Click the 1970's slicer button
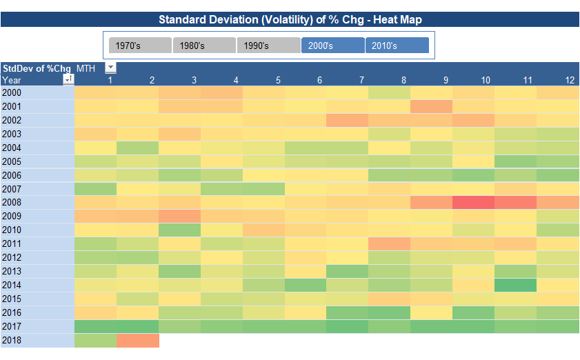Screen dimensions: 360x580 coord(140,46)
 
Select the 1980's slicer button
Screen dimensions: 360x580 coord(204,46)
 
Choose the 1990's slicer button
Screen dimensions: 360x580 coord(268,46)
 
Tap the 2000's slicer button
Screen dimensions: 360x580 coord(332,46)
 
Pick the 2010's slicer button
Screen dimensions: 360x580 coord(397,46)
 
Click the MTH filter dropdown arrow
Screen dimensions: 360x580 coord(110,68)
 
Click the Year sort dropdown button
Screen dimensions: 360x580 coord(68,80)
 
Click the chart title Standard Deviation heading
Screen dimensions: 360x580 coord(290,19)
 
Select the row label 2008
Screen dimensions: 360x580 coord(12,203)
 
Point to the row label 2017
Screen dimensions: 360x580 coord(12,327)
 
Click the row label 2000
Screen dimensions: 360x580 coord(12,92)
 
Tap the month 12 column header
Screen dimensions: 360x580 coord(570,80)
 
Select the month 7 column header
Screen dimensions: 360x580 coord(361,80)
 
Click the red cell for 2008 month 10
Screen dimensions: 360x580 coord(473,203)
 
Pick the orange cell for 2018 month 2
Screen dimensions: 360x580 coord(138,341)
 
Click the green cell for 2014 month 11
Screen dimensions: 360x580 coord(515,286)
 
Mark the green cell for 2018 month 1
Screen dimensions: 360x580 coord(95,341)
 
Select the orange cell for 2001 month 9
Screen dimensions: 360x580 coord(431,106)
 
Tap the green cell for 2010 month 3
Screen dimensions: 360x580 coord(179,230)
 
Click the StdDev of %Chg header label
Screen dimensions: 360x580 coord(37,68)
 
